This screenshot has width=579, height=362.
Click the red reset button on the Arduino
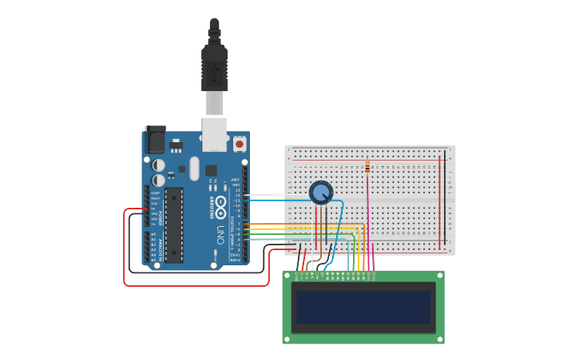click(x=239, y=144)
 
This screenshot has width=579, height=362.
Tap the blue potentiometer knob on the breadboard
click(x=320, y=192)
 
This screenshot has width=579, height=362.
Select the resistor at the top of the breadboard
click(x=367, y=166)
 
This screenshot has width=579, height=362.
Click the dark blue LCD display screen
click(x=363, y=307)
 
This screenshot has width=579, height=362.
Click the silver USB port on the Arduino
click(x=214, y=133)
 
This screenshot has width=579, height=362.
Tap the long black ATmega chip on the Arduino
click(x=173, y=225)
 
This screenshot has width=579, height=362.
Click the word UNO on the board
click(x=220, y=234)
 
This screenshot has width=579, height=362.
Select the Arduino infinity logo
click(x=220, y=203)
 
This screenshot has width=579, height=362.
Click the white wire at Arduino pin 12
click(x=260, y=195)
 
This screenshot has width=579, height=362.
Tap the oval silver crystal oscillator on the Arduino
click(x=194, y=168)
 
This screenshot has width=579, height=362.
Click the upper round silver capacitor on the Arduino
click(x=159, y=165)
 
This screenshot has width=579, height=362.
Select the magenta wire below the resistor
click(x=367, y=216)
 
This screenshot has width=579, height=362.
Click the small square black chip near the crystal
click(x=211, y=170)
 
